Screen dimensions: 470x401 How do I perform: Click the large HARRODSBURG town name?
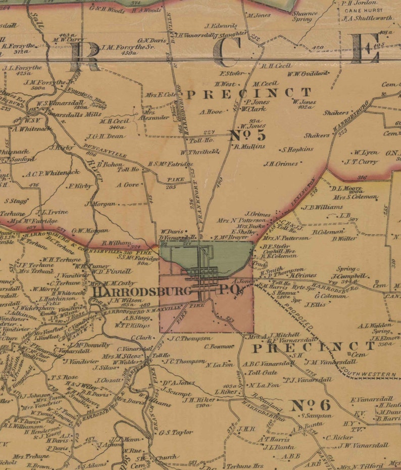(141, 292)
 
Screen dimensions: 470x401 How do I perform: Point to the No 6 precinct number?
(310, 405)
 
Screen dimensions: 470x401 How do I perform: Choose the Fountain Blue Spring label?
(93, 103)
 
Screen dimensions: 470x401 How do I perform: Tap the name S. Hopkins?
(298, 150)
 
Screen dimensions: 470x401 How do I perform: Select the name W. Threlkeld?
(200, 152)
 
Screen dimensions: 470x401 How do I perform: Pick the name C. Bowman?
(219, 347)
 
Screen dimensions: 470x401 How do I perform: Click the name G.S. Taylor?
(176, 432)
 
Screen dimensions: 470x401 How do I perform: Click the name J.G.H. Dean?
(106, 136)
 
